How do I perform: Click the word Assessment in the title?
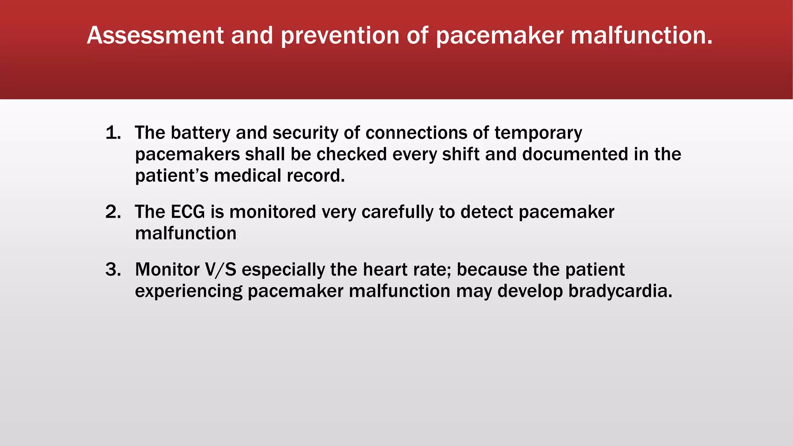click(x=155, y=36)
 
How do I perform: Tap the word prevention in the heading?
click(x=340, y=36)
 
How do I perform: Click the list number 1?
click(x=113, y=133)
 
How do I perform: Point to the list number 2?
click(x=113, y=212)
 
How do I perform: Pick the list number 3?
click(x=113, y=269)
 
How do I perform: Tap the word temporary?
click(x=538, y=133)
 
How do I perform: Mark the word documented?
click(x=575, y=154)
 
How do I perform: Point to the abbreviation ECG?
click(x=188, y=212)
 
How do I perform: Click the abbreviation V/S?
click(x=220, y=269)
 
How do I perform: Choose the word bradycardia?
click(x=620, y=291)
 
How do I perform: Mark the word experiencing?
click(x=189, y=291)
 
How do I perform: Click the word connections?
click(x=416, y=133)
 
